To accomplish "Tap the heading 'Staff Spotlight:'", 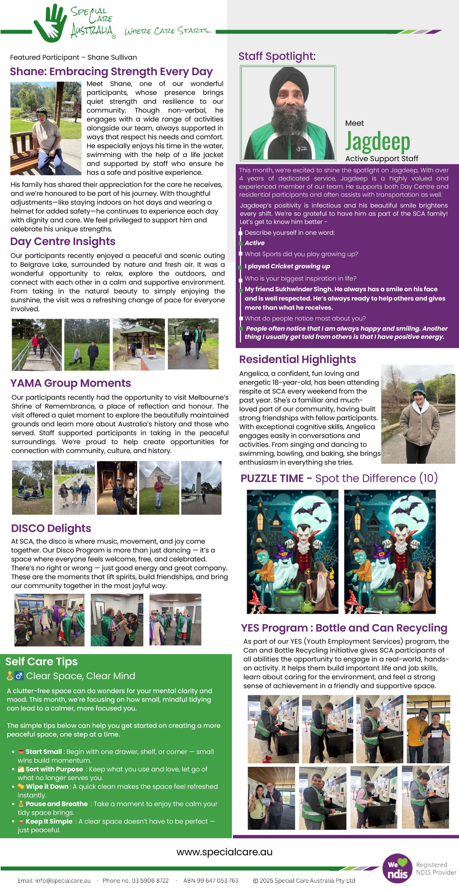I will pos(277,56).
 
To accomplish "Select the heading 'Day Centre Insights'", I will pos(63,242).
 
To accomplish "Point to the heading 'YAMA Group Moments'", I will pos(70,383).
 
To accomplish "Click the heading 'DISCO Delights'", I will pos(51,528).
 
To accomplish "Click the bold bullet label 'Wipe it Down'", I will pos(47,786).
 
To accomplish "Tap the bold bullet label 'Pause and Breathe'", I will pos(57,804).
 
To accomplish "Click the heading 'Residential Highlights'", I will pos(297,359).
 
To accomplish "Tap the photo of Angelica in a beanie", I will pos(418,414).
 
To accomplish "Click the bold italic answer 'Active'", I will pos(254,243).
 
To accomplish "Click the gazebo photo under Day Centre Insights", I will pos(139,344).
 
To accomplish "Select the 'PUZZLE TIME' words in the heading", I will pos(272,478).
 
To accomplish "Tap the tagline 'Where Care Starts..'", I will pos(168,31).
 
